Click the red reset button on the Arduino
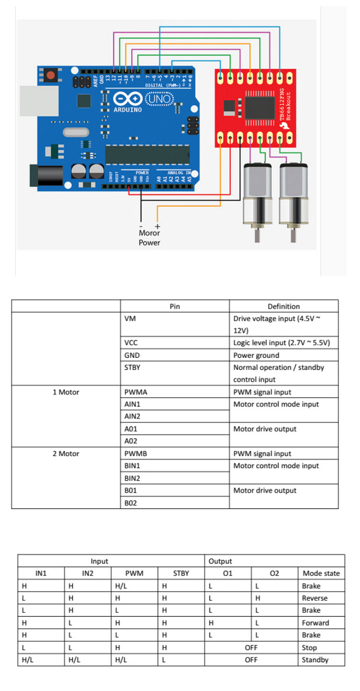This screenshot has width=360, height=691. (x=50, y=75)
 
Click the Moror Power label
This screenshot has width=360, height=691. (x=149, y=237)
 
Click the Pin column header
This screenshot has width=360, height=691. (x=175, y=307)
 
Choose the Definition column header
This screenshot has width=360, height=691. (x=284, y=307)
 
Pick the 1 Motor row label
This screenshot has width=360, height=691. (x=65, y=392)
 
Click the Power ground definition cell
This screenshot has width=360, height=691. (x=256, y=355)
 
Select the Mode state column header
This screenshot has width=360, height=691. (x=321, y=573)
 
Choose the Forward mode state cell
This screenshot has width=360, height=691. (x=316, y=622)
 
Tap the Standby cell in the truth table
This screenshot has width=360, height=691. (x=315, y=660)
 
